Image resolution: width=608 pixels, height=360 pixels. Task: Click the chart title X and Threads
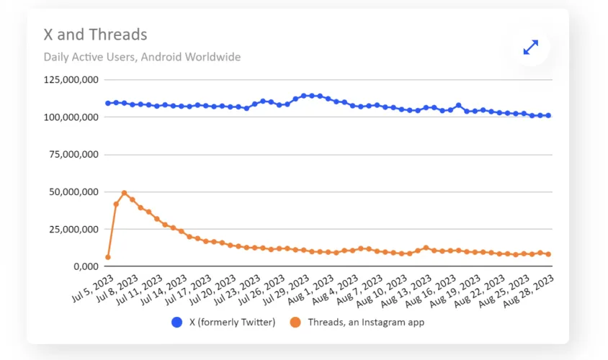[x=95, y=35]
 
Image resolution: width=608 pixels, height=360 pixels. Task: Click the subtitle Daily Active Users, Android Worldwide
[x=142, y=57]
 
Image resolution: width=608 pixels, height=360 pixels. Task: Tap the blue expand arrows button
[x=531, y=48]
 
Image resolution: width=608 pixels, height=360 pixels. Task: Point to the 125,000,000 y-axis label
[x=70, y=80]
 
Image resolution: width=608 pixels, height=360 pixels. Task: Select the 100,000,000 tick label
[x=70, y=117]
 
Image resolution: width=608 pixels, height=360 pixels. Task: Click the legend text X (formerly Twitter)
[x=232, y=323]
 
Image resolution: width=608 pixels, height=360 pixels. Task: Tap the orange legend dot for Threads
[x=296, y=323]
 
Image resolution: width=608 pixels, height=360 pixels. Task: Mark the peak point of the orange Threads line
[x=124, y=193]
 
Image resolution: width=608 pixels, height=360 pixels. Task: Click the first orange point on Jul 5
[x=108, y=257]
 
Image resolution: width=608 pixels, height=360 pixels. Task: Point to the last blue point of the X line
[x=548, y=115]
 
